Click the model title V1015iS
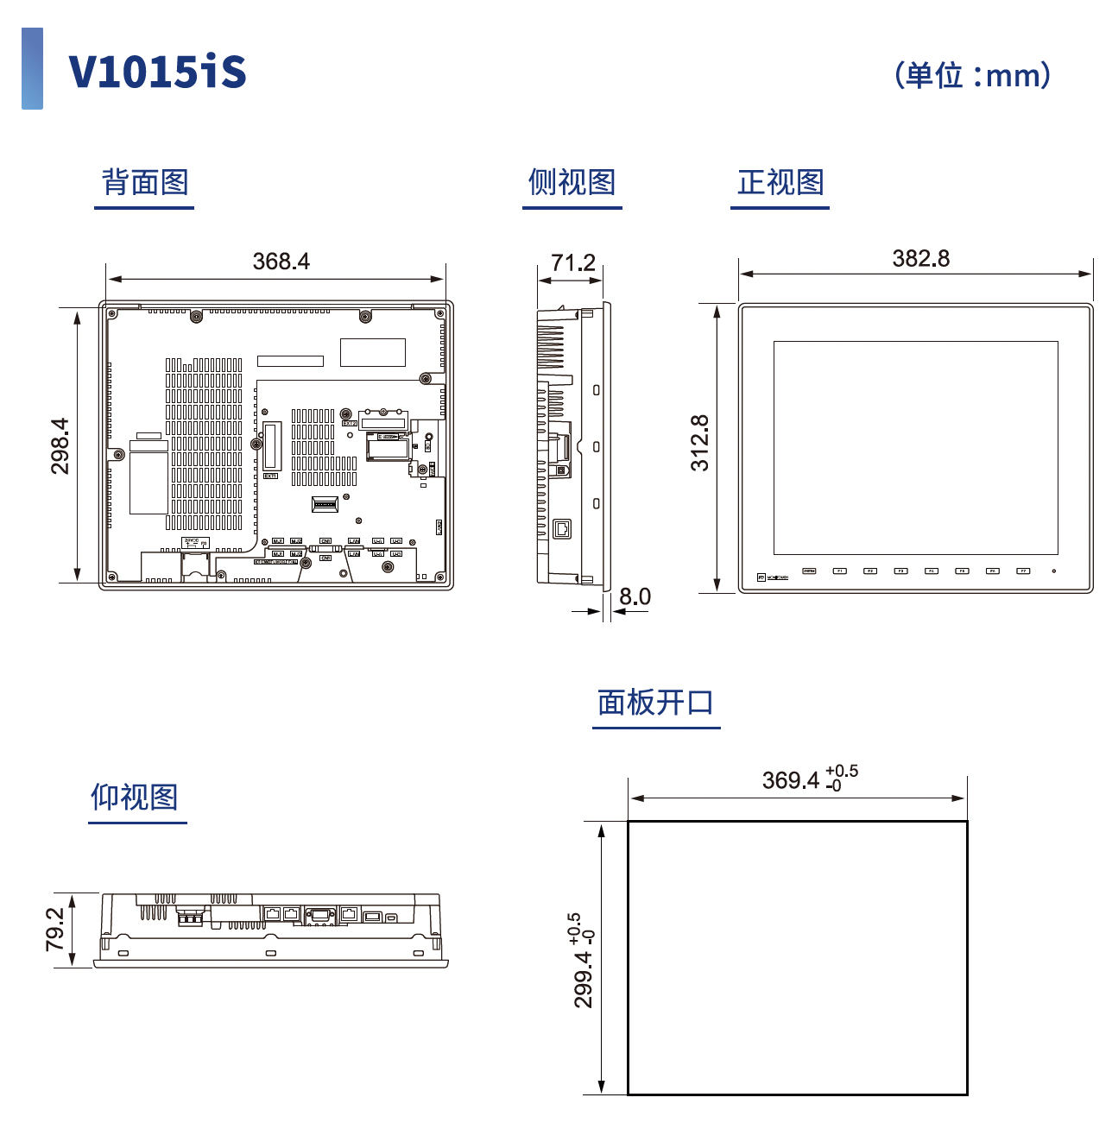click(157, 71)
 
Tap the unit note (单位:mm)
click(972, 75)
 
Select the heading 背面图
click(144, 182)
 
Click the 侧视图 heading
click(572, 182)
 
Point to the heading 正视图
click(780, 182)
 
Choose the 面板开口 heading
click(655, 703)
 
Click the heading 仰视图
click(135, 797)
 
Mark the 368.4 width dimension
click(281, 262)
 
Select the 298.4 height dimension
click(60, 446)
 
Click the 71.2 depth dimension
click(573, 262)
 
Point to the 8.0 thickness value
click(635, 596)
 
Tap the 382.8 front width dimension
click(920, 258)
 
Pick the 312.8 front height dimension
click(699, 443)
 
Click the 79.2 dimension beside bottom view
click(54, 929)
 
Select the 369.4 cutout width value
click(791, 780)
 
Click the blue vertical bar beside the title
click(32, 68)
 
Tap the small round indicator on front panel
click(1053, 571)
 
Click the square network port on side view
click(562, 528)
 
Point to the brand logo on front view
click(773, 577)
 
